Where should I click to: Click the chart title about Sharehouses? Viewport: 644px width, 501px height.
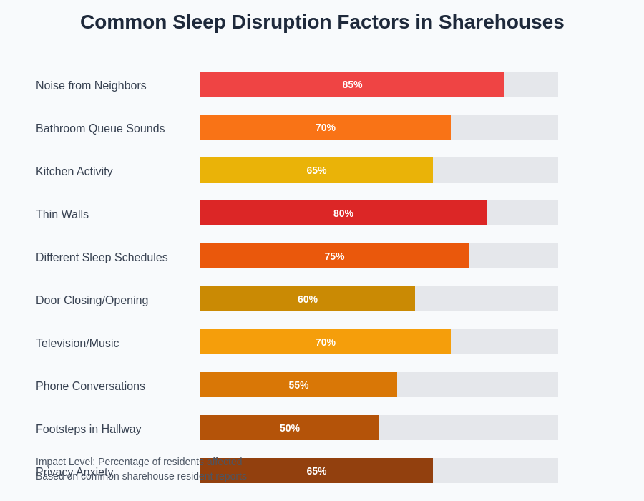(322, 22)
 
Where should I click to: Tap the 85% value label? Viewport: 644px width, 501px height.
(352, 84)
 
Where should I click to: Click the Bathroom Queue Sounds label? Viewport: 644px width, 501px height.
(100, 129)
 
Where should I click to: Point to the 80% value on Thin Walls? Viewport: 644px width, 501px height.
(343, 213)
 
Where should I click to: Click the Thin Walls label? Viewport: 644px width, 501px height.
(62, 215)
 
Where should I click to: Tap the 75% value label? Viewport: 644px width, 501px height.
(334, 256)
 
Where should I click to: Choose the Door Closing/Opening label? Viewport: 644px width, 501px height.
(92, 301)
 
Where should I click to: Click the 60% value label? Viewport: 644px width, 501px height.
(308, 299)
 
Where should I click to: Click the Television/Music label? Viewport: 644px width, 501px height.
(77, 344)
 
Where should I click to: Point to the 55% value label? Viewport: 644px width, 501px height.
(298, 385)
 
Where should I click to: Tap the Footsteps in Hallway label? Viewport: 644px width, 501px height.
(88, 429)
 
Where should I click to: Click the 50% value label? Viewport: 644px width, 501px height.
(290, 428)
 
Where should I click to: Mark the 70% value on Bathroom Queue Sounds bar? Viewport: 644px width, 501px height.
(326, 127)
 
